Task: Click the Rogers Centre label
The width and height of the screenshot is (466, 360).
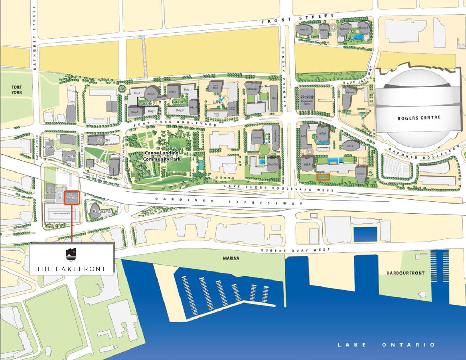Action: [x=419, y=118]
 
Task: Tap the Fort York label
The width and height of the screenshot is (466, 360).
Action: [x=16, y=90]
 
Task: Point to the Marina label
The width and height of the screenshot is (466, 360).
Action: [x=231, y=258]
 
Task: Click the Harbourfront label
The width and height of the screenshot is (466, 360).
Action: [x=405, y=273]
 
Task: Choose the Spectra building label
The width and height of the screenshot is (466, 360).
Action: [x=104, y=140]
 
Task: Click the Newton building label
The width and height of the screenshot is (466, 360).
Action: [x=50, y=147]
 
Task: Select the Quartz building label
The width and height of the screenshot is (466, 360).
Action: [x=101, y=161]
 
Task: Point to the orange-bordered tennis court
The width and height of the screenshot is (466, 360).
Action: [x=323, y=177]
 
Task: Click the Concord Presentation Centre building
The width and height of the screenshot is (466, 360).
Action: [x=307, y=100]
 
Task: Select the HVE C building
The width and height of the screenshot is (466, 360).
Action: [x=350, y=146]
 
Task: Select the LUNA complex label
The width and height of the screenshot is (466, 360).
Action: [x=217, y=102]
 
